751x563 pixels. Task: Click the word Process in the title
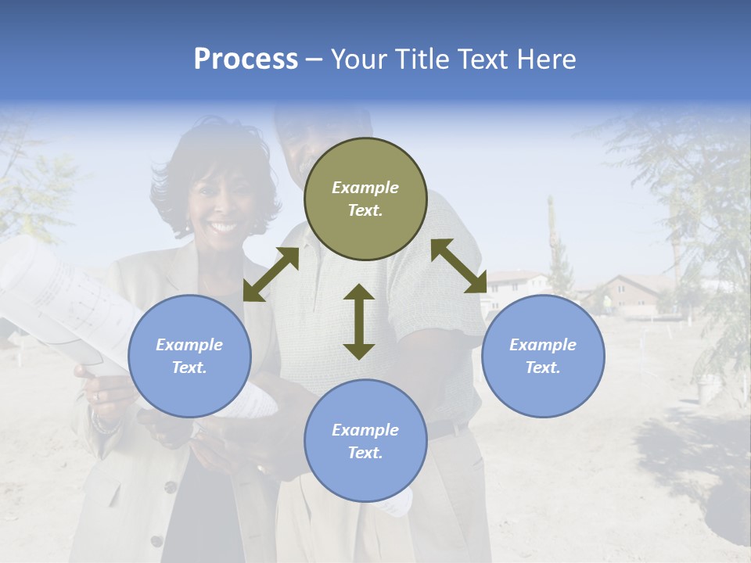click(x=246, y=59)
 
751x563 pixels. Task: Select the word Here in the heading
click(x=545, y=59)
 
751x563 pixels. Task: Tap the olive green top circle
click(x=365, y=199)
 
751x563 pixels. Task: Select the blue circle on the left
click(x=189, y=357)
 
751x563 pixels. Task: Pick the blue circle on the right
click(x=543, y=357)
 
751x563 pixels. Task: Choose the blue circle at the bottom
click(x=365, y=441)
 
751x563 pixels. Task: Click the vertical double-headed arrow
click(x=359, y=321)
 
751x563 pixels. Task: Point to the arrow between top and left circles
click(x=271, y=274)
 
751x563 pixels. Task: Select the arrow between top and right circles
click(x=458, y=266)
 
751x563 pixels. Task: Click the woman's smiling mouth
click(x=222, y=228)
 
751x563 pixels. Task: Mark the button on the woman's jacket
click(x=170, y=486)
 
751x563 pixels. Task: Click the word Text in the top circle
click(x=365, y=210)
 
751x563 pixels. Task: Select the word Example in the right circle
click(x=543, y=345)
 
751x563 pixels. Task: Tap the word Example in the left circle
click(x=189, y=345)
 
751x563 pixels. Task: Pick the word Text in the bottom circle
click(x=365, y=453)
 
